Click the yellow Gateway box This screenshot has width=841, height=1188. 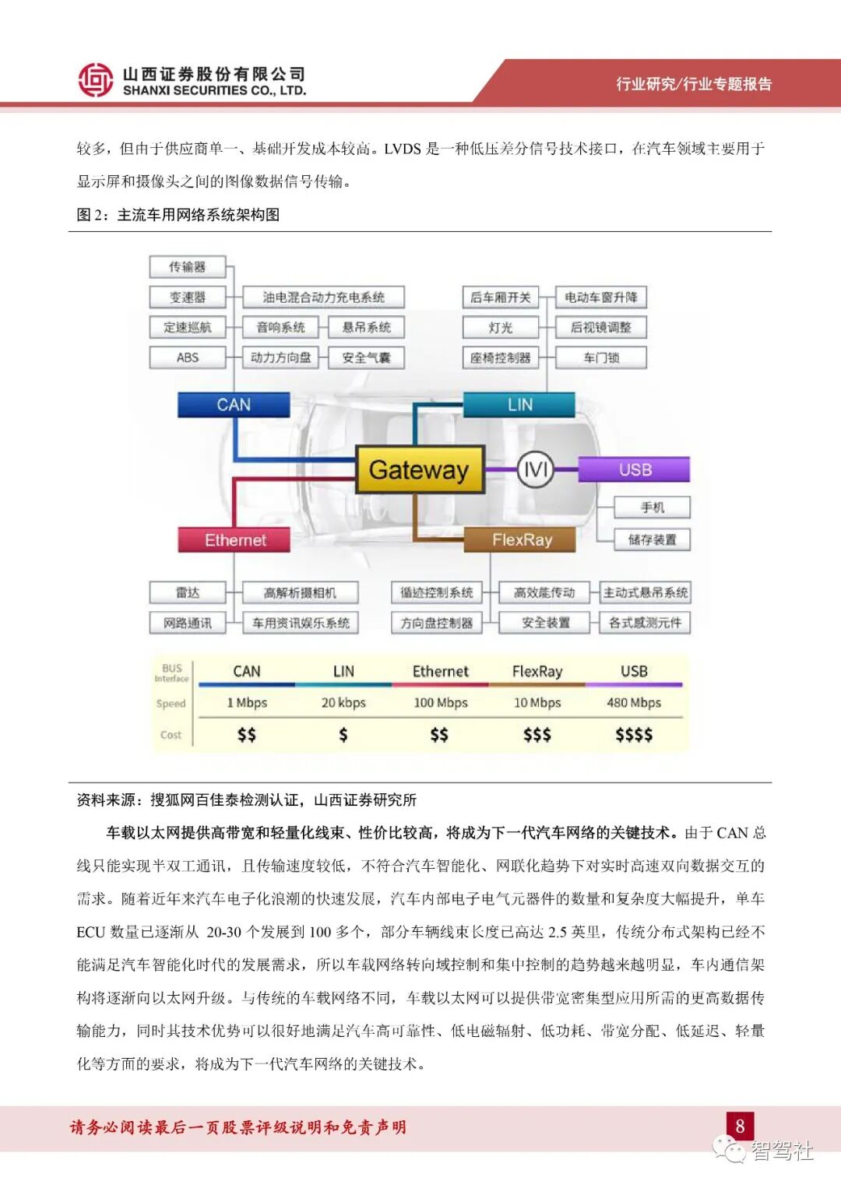click(420, 469)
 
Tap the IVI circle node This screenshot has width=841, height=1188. click(536, 469)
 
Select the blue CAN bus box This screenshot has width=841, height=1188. click(234, 405)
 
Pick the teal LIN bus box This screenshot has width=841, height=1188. click(519, 405)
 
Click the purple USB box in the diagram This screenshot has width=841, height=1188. click(635, 469)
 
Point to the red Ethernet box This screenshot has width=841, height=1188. click(234, 540)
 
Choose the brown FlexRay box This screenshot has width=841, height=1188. click(520, 540)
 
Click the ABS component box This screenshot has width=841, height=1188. click(188, 357)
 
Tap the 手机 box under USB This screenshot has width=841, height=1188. click(652, 508)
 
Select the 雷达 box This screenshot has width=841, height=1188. click(188, 592)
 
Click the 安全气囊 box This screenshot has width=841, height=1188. click(366, 358)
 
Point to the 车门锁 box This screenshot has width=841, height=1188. click(600, 358)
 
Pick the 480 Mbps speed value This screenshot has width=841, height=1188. click(634, 703)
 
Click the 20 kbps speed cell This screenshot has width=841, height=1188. click(343, 703)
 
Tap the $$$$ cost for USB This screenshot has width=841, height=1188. click(634, 734)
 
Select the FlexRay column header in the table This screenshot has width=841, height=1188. click(537, 671)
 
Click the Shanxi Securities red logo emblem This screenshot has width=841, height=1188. click(95, 80)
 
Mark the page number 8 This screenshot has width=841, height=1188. click(740, 1126)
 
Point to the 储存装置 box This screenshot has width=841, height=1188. click(652, 540)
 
